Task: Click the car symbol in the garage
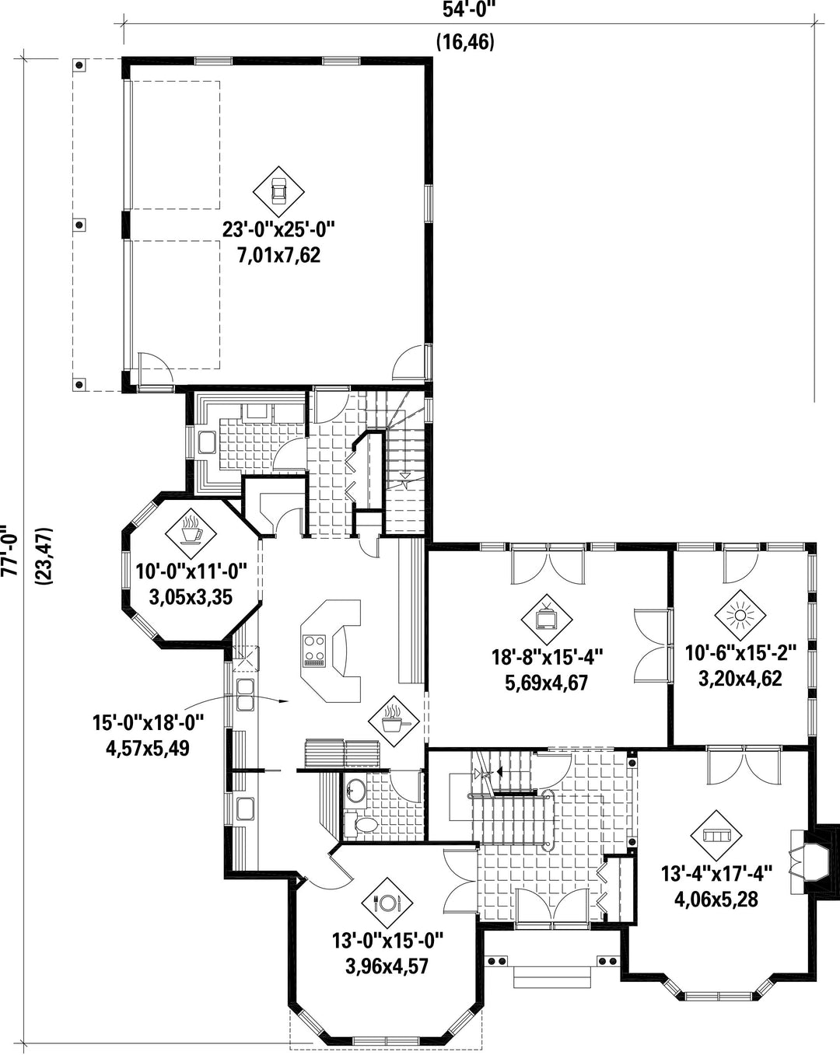click(x=278, y=192)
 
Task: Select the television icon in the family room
click(x=546, y=620)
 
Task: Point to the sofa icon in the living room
click(x=716, y=836)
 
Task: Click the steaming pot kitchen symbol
click(x=394, y=721)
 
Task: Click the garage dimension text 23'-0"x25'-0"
click(x=278, y=229)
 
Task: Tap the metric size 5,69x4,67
click(x=546, y=683)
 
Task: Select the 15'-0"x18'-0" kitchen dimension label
click(x=148, y=722)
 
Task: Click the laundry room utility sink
click(x=207, y=442)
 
